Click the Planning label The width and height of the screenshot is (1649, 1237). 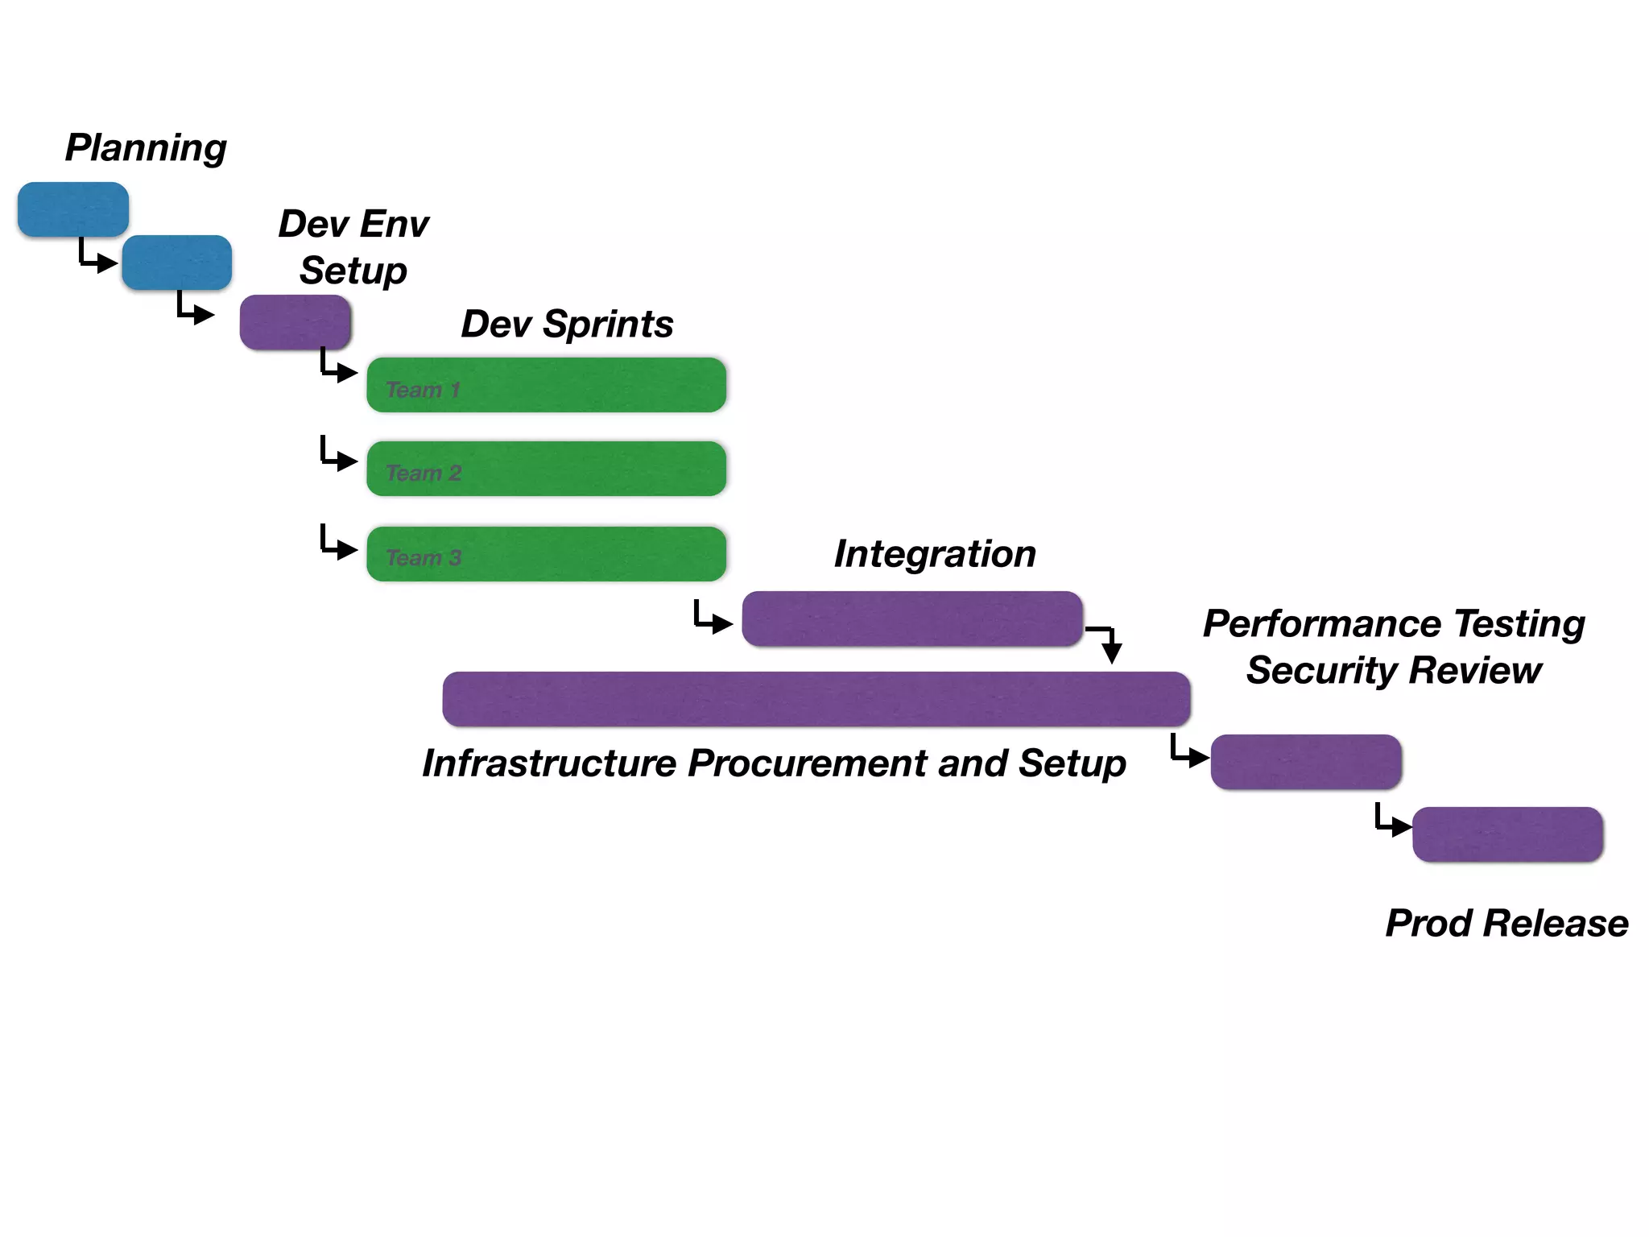click(146, 148)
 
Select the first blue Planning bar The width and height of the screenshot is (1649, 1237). click(73, 209)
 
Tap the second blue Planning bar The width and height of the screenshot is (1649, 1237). click(177, 263)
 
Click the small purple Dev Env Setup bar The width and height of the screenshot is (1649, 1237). click(295, 322)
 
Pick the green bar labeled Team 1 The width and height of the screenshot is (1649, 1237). click(547, 385)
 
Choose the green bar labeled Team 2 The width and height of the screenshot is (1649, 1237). click(547, 469)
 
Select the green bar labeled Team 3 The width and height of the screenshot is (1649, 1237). click(547, 554)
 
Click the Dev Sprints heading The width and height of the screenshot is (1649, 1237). click(567, 325)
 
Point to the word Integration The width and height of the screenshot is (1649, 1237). click(935, 554)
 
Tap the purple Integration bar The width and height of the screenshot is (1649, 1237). click(912, 618)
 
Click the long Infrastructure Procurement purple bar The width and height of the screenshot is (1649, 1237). click(816, 699)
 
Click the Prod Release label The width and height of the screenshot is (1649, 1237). click(1506, 923)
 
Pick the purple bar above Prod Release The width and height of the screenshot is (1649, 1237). click(1507, 834)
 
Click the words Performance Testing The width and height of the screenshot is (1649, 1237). click(1394, 624)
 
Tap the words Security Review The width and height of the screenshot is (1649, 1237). click(1394, 671)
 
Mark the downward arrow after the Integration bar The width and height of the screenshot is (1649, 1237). click(1110, 644)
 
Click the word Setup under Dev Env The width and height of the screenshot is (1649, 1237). click(353, 271)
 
